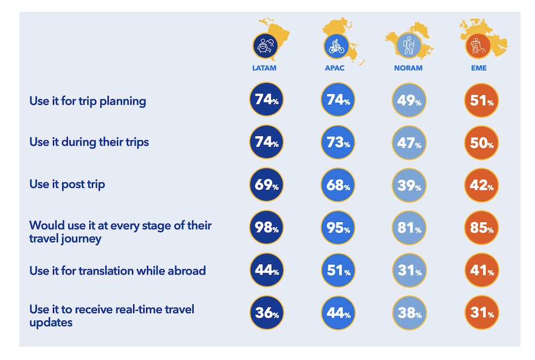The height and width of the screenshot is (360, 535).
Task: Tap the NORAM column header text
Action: (408, 68)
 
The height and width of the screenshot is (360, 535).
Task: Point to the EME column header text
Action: (479, 68)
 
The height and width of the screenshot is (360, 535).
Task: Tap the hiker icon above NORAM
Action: (409, 45)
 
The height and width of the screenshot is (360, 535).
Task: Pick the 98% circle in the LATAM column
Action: (266, 228)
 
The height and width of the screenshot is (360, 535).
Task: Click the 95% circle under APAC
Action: (338, 228)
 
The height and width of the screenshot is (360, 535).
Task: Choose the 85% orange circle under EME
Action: (480, 228)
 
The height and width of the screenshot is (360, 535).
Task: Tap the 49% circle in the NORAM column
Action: (409, 100)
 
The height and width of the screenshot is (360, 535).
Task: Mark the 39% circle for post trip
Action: (409, 185)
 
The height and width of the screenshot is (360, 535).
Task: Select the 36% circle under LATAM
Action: (266, 312)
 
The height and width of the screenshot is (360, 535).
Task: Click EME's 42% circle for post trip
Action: (480, 185)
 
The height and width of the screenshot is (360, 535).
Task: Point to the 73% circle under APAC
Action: (338, 142)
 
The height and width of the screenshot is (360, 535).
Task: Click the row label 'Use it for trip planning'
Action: (88, 101)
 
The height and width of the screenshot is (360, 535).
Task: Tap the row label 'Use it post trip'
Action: (67, 185)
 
